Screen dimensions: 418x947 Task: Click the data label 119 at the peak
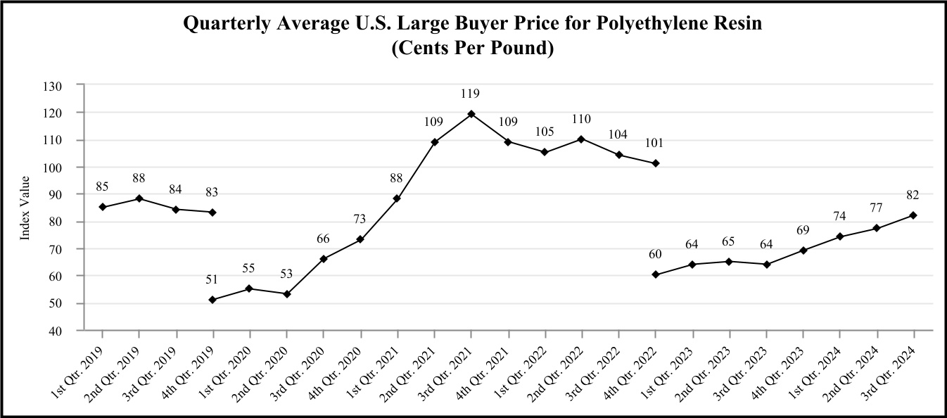(471, 93)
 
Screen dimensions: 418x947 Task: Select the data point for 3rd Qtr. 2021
(471, 114)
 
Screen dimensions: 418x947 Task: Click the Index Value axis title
(25, 208)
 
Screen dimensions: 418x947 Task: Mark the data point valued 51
(212, 300)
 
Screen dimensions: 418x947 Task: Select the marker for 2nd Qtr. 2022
(581, 139)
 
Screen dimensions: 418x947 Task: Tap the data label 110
(581, 119)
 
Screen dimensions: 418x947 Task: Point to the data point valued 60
(655, 274)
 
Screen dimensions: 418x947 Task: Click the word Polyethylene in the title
(618, 24)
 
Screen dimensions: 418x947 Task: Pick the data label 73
(360, 220)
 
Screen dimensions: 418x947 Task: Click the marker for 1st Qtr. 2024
(840, 236)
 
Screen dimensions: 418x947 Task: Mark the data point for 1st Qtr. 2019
(102, 207)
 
